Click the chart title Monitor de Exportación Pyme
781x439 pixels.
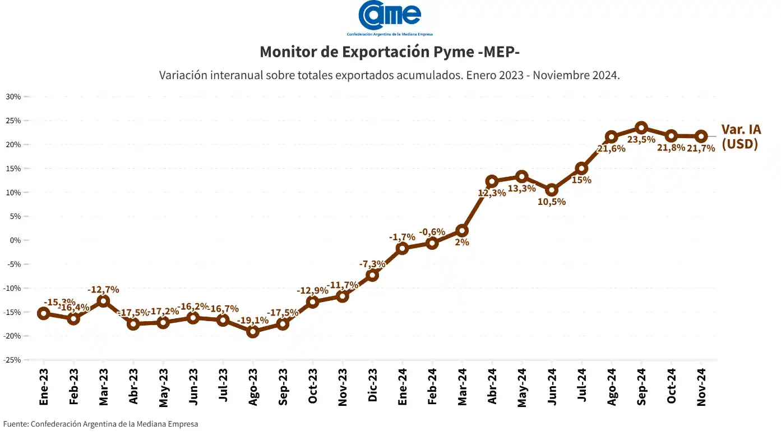390,52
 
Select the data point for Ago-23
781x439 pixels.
253,332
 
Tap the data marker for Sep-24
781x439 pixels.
641,127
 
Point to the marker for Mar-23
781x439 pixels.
103,301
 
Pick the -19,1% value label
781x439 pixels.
253,321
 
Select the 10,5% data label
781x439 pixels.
552,202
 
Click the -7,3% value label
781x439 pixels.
372,264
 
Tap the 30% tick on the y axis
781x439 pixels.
13,97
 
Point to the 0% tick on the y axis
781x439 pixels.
15,240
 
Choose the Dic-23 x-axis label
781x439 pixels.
372,387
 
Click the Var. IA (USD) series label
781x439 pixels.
741,136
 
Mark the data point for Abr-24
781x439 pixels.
492,181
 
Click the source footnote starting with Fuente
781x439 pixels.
101,424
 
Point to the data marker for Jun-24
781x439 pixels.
552,190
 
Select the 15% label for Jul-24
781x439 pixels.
581,180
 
